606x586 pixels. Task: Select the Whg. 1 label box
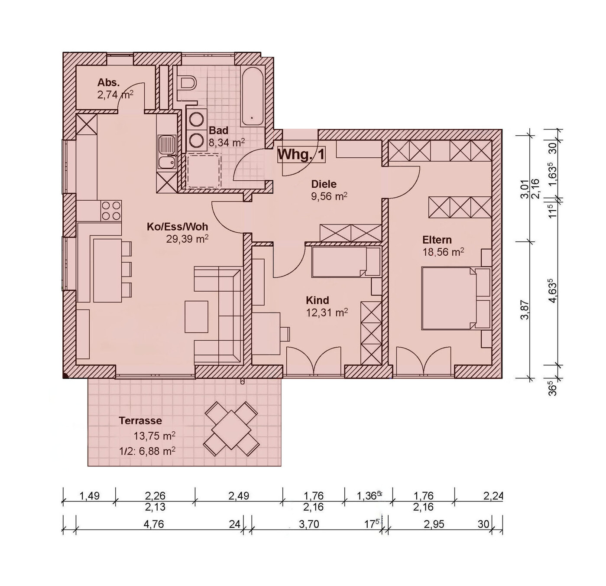click(301, 155)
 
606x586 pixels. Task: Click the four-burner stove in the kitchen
click(111, 211)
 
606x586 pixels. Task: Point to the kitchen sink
click(167, 153)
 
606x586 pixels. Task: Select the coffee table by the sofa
click(197, 316)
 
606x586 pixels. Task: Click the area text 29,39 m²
click(187, 239)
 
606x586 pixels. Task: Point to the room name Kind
click(318, 300)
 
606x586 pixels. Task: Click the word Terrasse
click(140, 420)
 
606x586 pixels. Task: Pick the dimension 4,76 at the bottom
click(154, 524)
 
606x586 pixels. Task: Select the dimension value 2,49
click(239, 496)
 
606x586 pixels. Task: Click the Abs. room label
click(108, 82)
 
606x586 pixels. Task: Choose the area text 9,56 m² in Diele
click(329, 196)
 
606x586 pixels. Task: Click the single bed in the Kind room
click(346, 262)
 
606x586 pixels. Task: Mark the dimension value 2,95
click(434, 524)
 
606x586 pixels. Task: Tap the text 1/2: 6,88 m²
click(147, 451)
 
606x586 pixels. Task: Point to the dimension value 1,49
click(89, 496)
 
